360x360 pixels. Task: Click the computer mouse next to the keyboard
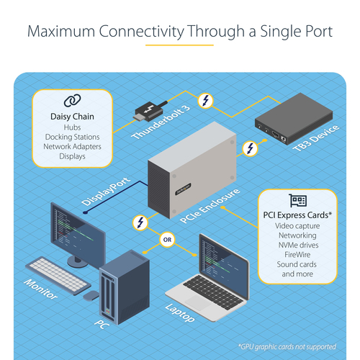(90, 294)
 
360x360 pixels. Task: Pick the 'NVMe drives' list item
(297, 244)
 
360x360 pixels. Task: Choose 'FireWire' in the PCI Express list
(297, 254)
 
